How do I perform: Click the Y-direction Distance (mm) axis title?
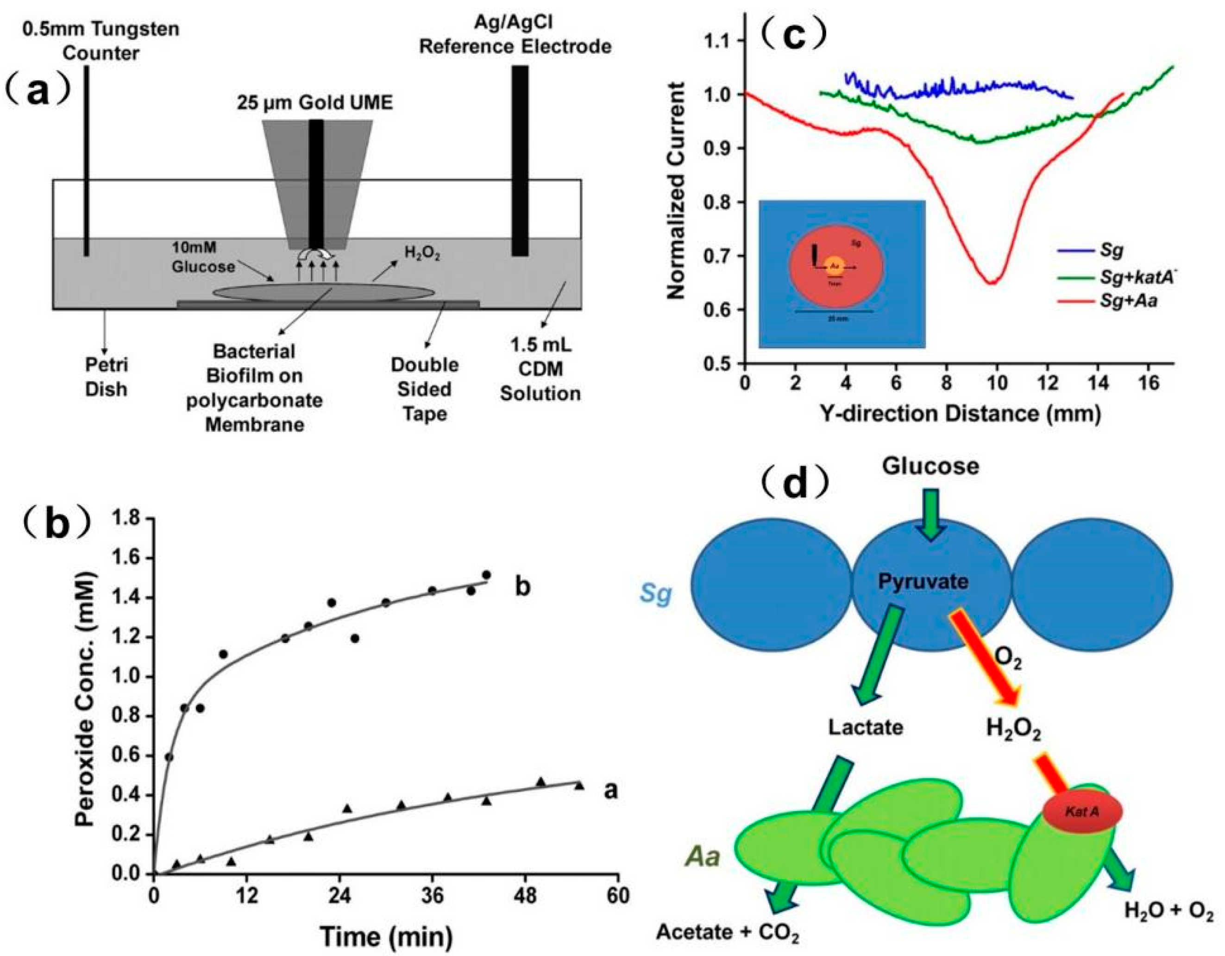[960, 414]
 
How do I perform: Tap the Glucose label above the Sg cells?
[930, 465]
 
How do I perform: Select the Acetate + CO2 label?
[728, 932]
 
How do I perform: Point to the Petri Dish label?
[106, 377]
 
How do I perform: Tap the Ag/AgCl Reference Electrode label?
[515, 35]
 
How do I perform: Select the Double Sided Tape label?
[425, 390]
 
